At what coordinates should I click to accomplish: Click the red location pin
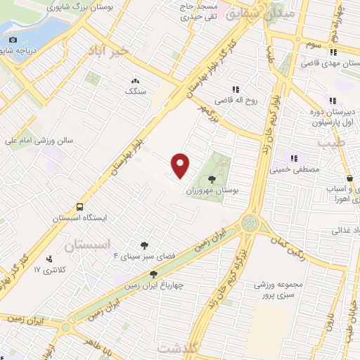coord(181,165)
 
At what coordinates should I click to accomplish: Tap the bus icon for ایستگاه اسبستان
coord(79,207)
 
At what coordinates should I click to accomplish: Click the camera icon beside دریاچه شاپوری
coord(12,39)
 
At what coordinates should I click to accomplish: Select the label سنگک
coord(134,91)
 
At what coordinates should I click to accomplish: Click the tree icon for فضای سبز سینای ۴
coord(143,245)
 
